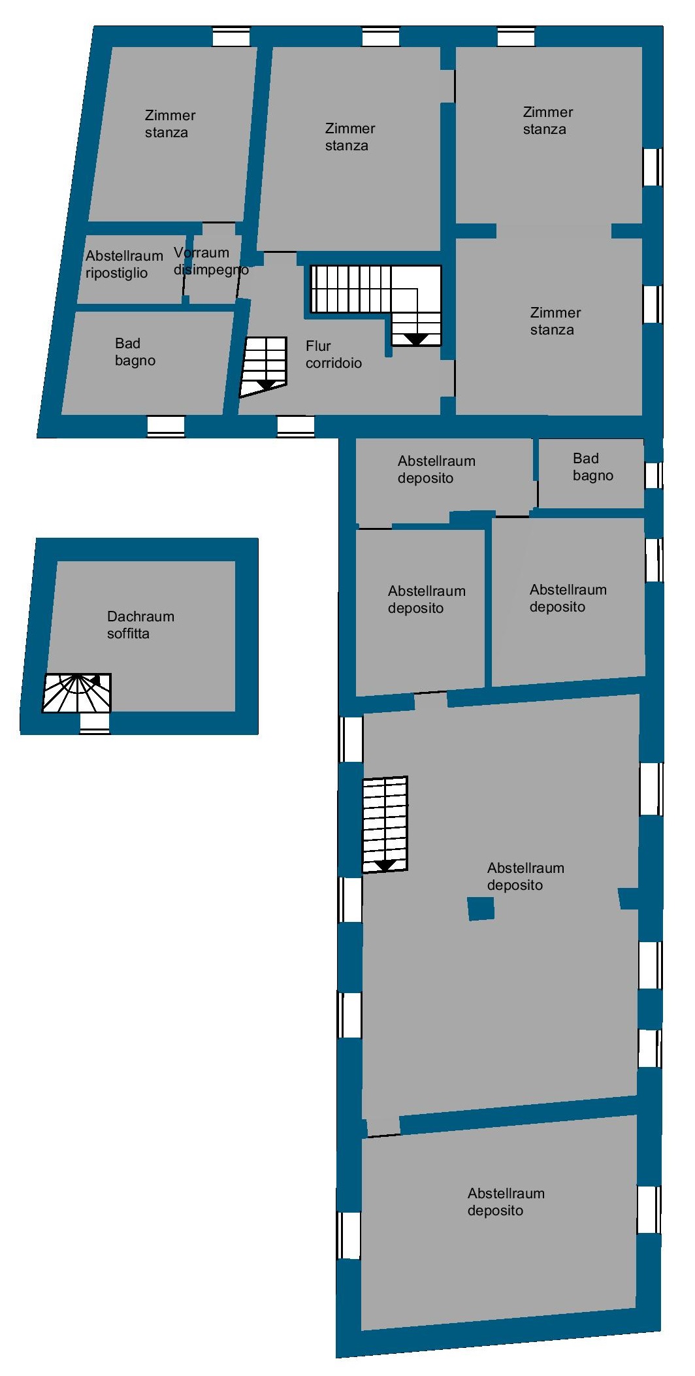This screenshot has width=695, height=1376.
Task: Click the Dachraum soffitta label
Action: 140,625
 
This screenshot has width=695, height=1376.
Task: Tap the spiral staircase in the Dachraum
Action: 77,693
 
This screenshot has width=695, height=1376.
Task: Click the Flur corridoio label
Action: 333,354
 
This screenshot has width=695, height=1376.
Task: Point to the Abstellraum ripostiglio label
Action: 124,264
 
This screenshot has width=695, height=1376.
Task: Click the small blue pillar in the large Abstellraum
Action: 481,909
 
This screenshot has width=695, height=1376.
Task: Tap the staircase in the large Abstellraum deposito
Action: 385,825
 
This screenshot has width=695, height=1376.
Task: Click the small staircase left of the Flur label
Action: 264,367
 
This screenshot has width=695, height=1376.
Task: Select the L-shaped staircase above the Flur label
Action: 376,304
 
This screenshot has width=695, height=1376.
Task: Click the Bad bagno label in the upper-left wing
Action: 135,352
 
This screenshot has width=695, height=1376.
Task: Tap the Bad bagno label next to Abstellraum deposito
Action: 593,467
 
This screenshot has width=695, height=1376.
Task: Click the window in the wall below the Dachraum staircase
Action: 95,723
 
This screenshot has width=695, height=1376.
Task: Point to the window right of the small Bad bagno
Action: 653,475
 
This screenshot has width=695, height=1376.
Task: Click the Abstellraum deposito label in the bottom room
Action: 506,1202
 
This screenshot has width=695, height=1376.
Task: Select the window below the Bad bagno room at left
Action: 166,426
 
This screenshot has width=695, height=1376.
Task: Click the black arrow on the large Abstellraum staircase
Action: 385,866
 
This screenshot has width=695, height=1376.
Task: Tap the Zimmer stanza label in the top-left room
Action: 170,123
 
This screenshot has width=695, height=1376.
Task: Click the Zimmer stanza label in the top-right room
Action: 547,120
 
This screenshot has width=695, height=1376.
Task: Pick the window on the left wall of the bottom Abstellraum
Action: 349,1235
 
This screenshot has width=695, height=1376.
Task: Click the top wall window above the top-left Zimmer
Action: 231,37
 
